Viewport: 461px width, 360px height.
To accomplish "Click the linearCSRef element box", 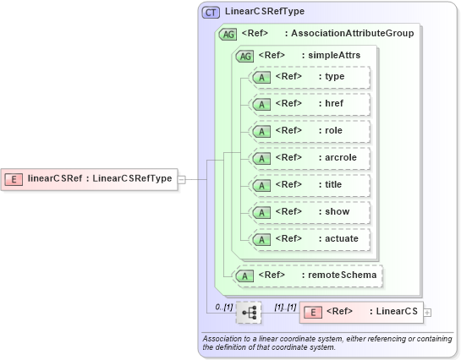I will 88,178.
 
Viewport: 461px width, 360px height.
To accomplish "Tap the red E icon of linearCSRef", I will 14,178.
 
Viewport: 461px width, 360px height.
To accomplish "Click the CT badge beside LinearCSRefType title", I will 211,13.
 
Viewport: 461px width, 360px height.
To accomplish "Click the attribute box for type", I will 310,77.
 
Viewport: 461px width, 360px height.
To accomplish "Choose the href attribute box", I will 310,104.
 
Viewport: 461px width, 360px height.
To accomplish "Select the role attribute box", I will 310,131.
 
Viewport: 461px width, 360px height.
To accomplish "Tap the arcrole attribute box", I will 310,158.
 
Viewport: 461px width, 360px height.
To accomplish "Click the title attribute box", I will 310,185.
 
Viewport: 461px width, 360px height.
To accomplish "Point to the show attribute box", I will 310,212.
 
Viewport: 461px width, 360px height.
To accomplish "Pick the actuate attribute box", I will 310,239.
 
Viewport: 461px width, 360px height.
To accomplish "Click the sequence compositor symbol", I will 249,313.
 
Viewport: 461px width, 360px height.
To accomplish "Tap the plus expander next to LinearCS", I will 427,313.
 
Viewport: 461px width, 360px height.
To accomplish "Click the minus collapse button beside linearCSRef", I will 181,178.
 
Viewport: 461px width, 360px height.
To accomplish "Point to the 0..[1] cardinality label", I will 223,305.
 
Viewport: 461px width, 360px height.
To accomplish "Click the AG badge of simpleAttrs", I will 245,56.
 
